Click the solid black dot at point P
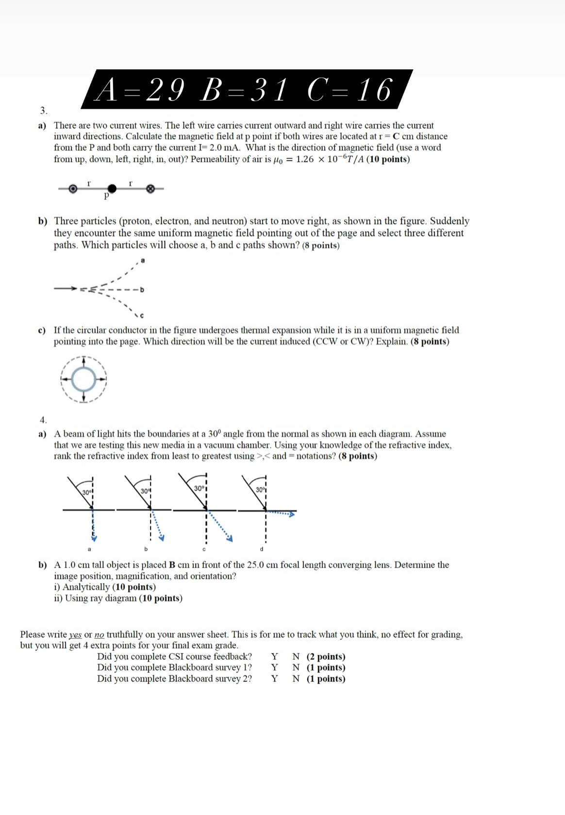[x=112, y=188]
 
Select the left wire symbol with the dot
[x=73, y=188]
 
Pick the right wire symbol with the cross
[x=150, y=188]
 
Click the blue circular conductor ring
[x=84, y=379]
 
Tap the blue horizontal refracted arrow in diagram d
[x=282, y=513]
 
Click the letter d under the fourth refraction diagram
[x=261, y=549]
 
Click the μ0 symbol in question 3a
[x=278, y=160]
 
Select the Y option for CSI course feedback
[x=274, y=657]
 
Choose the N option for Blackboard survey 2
[x=296, y=679]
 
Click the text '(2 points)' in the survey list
[x=326, y=657]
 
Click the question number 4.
[x=43, y=420]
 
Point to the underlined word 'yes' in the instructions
[x=75, y=635]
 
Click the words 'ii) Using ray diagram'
[x=96, y=598]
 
